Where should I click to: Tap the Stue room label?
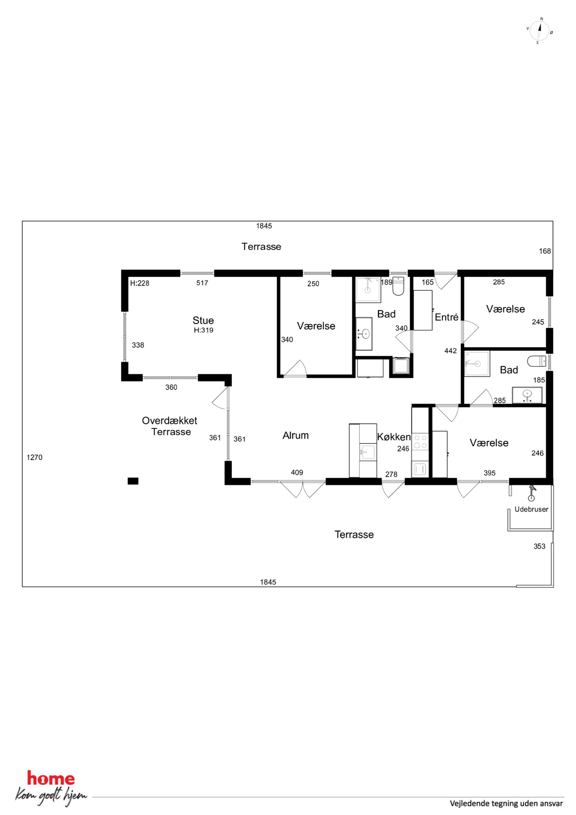(x=203, y=321)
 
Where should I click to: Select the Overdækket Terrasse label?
(x=170, y=426)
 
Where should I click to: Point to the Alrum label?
(x=295, y=436)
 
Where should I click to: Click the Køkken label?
(x=394, y=437)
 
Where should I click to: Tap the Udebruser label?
(x=531, y=509)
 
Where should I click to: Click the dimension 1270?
(x=35, y=457)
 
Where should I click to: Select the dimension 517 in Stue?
(x=202, y=283)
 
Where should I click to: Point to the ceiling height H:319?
(x=203, y=330)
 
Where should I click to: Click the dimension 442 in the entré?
(x=450, y=351)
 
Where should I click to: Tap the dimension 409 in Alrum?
(x=297, y=473)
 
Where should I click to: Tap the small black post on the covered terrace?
(x=133, y=481)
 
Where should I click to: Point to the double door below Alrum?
(x=303, y=489)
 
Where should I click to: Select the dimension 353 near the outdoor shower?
(x=539, y=546)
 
